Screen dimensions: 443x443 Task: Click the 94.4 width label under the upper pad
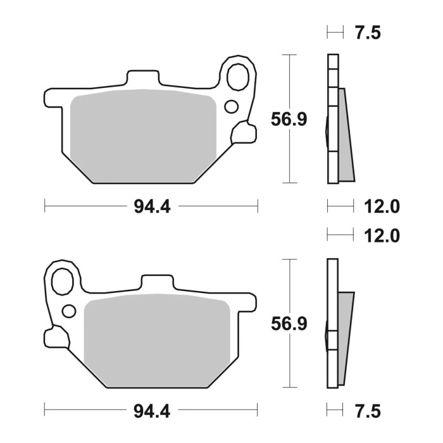click(152, 206)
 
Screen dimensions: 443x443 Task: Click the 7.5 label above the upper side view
click(368, 34)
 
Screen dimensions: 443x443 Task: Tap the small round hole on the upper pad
click(231, 106)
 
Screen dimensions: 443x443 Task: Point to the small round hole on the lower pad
click(70, 311)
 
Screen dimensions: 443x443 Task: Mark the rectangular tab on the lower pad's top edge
click(157, 283)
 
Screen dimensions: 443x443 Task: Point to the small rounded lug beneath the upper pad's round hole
click(242, 133)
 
